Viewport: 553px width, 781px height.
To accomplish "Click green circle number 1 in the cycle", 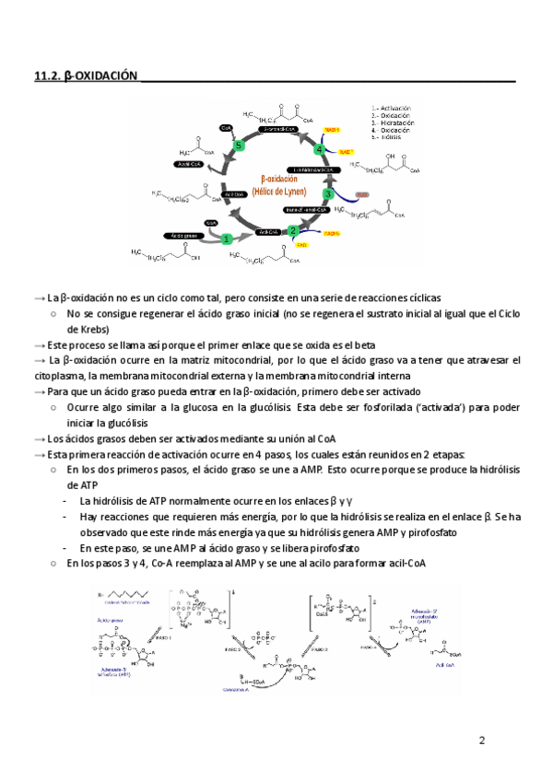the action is pos(226,239).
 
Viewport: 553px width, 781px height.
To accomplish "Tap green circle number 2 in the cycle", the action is pos(292,231).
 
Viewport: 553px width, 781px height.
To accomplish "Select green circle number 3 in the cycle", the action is pos(328,194).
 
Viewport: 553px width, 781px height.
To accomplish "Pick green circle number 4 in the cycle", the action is pos(320,149).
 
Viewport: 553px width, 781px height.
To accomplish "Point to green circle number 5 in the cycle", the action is pos(239,146).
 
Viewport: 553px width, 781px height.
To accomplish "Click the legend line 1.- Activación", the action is pos(391,108).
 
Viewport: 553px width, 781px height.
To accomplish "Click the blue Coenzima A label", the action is pos(242,688).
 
